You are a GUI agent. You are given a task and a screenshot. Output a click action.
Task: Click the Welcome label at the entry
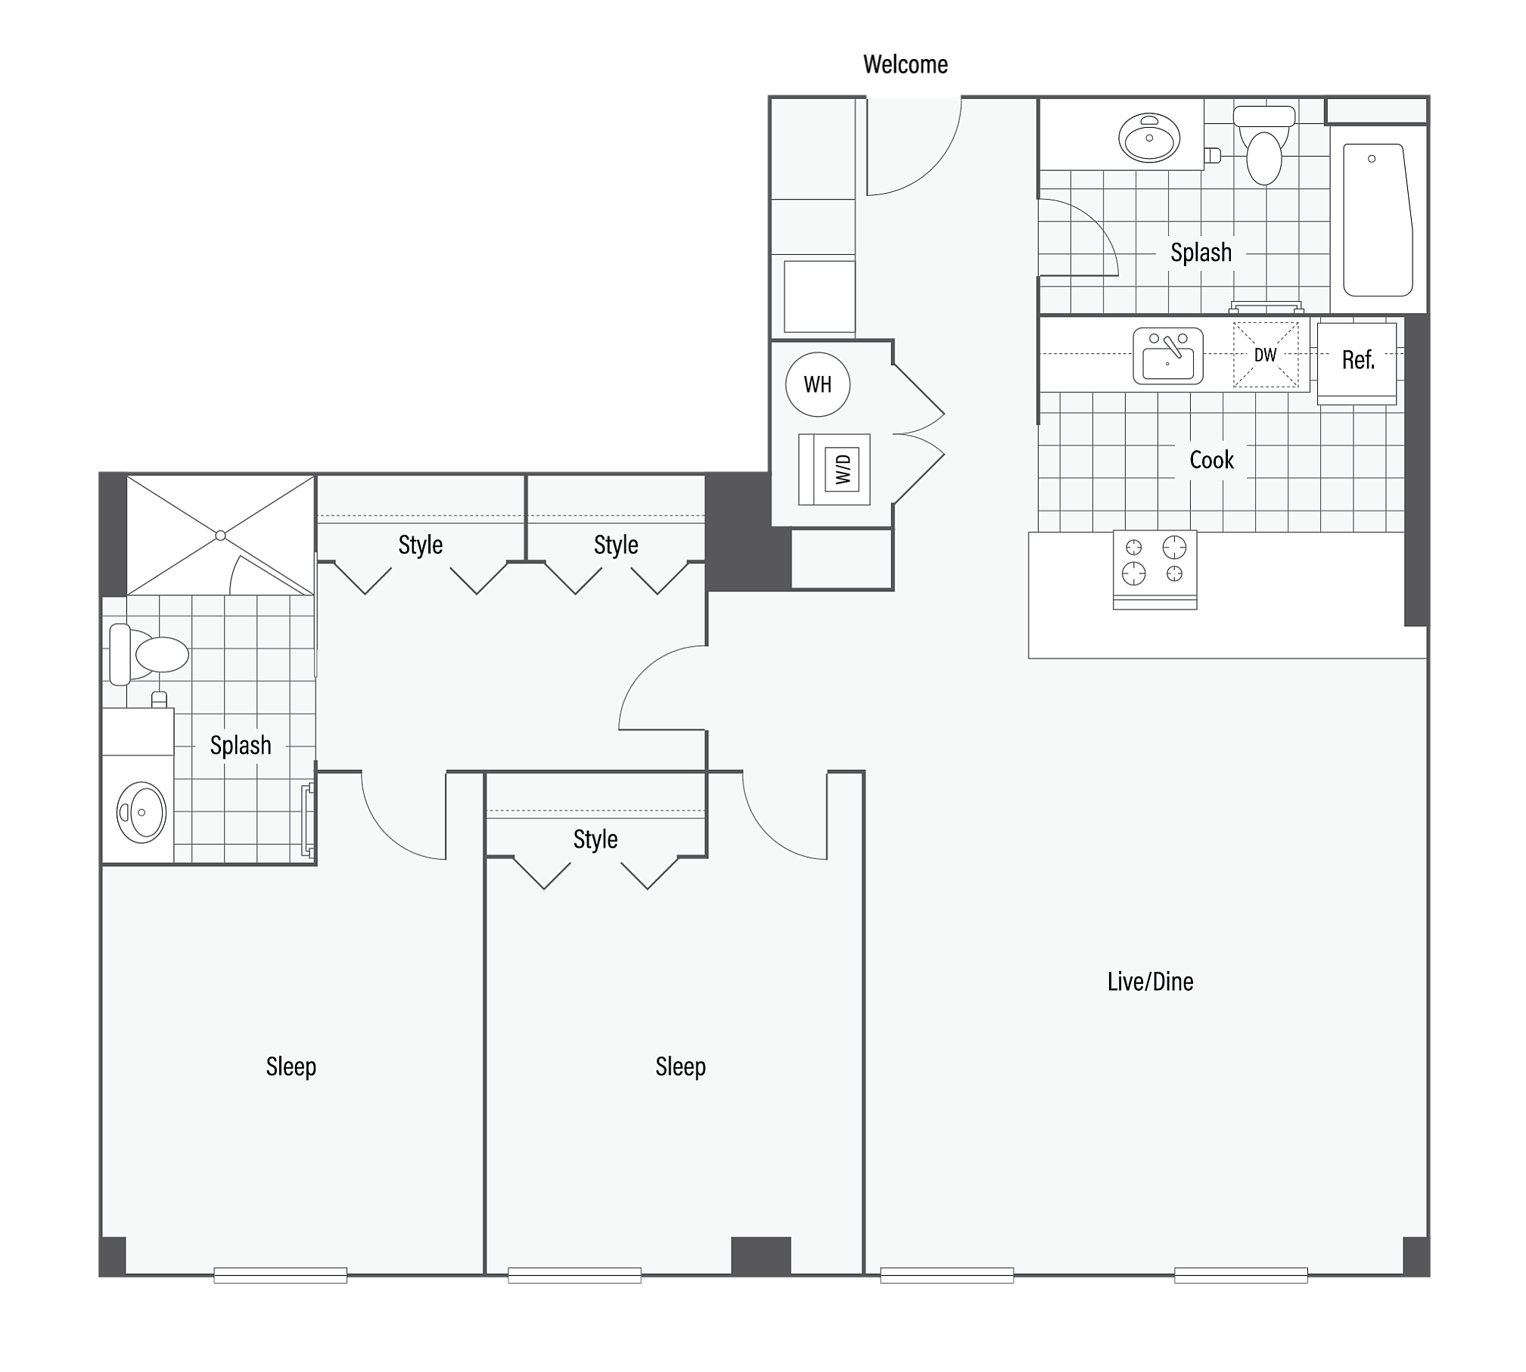click(905, 64)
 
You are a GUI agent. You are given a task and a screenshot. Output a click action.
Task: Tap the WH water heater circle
click(817, 384)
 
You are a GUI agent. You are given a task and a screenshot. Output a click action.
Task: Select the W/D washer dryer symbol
click(834, 469)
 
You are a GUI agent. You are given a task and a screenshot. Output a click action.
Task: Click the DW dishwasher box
click(1265, 355)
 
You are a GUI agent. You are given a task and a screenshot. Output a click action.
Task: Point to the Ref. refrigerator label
click(1357, 360)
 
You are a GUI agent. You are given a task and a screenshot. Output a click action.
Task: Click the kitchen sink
click(1167, 356)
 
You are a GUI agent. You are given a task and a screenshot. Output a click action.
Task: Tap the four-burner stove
click(1155, 569)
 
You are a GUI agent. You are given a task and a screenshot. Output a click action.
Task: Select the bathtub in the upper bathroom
click(1378, 220)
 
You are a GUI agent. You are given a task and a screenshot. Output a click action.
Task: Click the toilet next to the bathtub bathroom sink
click(1263, 145)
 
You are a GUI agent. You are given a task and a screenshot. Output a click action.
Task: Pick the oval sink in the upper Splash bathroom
click(1148, 138)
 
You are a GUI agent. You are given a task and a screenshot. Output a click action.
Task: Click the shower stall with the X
click(220, 535)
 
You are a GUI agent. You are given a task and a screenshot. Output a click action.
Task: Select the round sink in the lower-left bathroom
click(141, 812)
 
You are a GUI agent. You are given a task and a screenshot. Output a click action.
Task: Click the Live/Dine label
click(1150, 982)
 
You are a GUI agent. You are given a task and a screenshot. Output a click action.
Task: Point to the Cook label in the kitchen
click(1211, 460)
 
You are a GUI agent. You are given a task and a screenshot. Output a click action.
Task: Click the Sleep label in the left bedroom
click(291, 1066)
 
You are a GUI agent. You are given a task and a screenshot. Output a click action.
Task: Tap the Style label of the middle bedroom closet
click(595, 840)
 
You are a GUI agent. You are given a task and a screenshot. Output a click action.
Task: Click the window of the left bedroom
click(280, 1275)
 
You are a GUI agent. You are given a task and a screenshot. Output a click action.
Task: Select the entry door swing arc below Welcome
click(935, 167)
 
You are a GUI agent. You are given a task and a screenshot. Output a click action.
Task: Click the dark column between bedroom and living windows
click(760, 1256)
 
